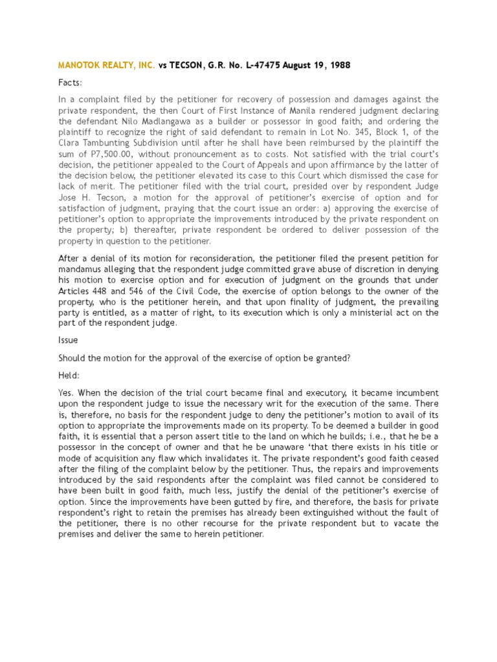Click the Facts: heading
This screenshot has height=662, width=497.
pyautogui.click(x=71, y=83)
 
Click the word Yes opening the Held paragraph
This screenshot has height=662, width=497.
pyautogui.click(x=66, y=392)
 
